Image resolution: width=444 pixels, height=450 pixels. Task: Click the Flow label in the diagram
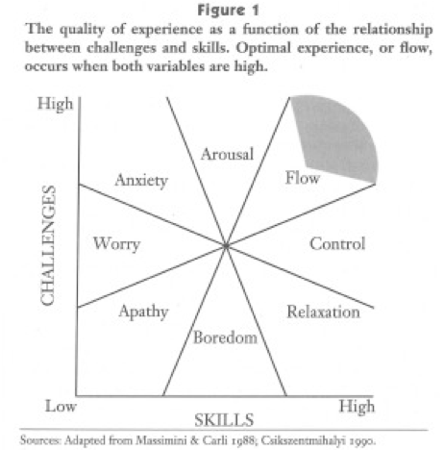point(303,178)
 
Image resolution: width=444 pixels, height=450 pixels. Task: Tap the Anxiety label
point(141,181)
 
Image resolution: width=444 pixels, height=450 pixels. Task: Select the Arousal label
point(227,154)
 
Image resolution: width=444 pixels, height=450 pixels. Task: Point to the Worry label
point(116,244)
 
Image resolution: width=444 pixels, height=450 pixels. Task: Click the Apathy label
point(143,312)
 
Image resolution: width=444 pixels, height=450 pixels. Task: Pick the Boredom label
point(225,337)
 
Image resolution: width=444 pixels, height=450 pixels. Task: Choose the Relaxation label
point(323,312)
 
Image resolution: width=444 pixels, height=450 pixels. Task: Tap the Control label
point(337,243)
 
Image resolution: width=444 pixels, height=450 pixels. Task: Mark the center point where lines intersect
point(226,246)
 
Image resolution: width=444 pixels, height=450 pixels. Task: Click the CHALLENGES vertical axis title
point(48,245)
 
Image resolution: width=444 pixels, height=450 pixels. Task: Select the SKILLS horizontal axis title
point(224,420)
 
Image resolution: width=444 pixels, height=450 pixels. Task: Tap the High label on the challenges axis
point(56,104)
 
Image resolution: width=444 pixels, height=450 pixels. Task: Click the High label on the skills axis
point(357,407)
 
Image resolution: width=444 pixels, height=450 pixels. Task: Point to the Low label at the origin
point(61,406)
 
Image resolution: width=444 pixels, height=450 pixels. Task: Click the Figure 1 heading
point(228,11)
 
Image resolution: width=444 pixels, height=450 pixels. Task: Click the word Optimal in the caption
point(263,49)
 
